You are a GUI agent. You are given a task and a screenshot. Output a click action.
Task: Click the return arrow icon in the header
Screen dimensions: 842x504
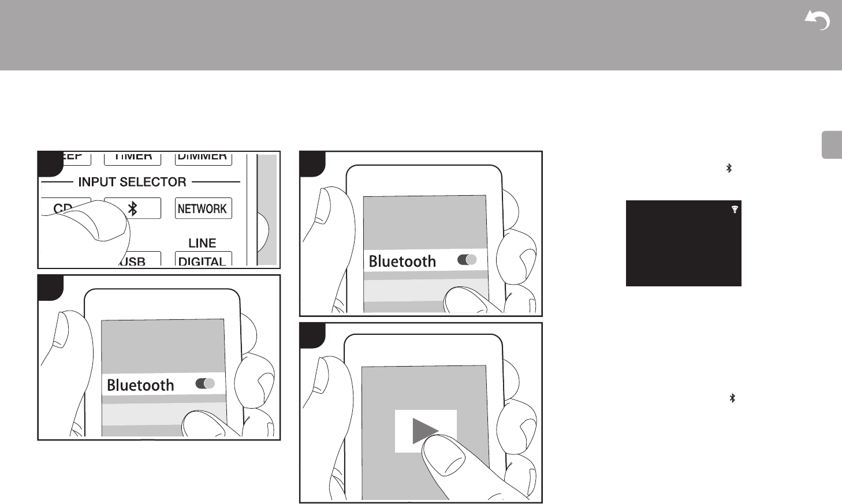[817, 21]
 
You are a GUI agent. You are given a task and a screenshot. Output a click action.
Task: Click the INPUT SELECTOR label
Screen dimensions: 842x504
[132, 182]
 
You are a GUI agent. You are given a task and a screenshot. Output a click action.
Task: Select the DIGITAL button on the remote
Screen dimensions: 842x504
[203, 260]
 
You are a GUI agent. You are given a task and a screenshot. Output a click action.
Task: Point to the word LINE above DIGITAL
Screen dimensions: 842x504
[202, 243]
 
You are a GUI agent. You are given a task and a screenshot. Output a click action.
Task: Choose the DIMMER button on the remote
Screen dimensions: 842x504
[202, 156]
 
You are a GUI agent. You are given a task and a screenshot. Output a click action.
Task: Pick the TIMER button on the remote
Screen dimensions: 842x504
[132, 156]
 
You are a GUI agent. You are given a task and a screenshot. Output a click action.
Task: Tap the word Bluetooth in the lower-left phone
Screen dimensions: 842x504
[140, 385]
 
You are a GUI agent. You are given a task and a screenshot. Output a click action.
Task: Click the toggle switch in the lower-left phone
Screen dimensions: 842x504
[205, 383]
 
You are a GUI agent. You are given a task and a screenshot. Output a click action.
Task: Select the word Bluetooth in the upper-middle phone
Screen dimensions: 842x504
[402, 262]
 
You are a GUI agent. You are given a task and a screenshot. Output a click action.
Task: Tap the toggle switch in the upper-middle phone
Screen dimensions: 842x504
[467, 260]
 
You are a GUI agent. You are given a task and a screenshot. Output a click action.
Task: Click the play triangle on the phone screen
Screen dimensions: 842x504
[426, 431]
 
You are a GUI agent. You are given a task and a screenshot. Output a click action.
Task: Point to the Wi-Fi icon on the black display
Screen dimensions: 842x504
[735, 210]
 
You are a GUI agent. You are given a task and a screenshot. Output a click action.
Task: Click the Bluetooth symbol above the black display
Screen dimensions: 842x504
[729, 168]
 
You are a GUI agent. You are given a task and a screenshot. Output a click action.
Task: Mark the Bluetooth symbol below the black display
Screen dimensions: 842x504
[732, 398]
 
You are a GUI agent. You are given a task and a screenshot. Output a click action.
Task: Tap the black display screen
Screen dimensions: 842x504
[683, 243]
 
